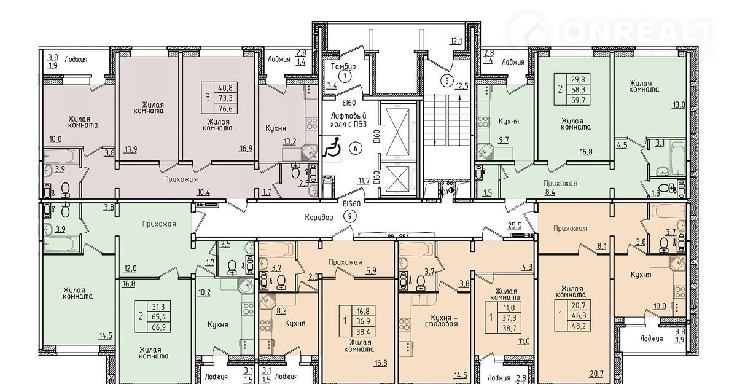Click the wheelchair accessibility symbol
click(x=332, y=148)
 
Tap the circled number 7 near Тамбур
click(x=345, y=77)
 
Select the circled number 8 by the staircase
click(x=447, y=80)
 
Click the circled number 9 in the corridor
click(x=349, y=216)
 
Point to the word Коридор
click(x=319, y=217)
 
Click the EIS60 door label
click(x=351, y=204)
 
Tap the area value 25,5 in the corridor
click(x=515, y=225)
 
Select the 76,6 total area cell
click(x=225, y=108)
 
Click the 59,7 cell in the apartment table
click(x=578, y=100)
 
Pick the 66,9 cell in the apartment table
click(x=159, y=327)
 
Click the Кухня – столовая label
click(x=444, y=321)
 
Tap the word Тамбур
click(x=343, y=66)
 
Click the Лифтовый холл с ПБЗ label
click(x=348, y=120)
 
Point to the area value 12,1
click(x=456, y=41)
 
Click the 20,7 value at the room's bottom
click(x=596, y=374)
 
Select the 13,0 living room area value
click(x=679, y=105)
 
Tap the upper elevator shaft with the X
click(x=398, y=131)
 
